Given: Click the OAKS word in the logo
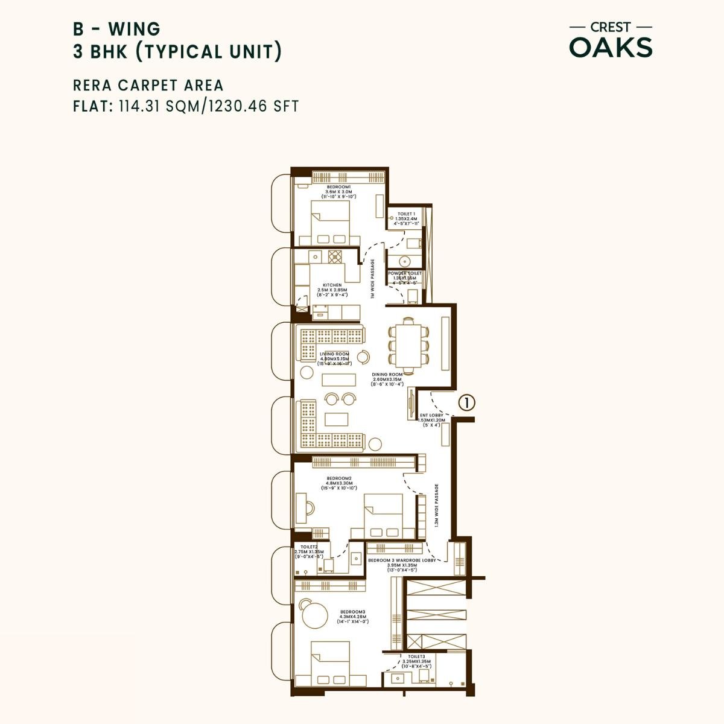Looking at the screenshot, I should (611, 48).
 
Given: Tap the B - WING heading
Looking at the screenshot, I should (116, 28).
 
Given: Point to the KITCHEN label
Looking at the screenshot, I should (332, 285).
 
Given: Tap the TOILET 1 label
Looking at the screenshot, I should (406, 214).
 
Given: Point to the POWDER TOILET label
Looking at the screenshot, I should (405, 273).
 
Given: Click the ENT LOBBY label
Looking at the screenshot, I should (431, 415).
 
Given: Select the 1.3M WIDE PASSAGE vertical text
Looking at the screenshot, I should (436, 506).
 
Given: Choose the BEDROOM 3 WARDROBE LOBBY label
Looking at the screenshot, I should (401, 560).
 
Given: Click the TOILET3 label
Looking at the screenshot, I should (416, 656).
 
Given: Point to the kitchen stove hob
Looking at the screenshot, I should (335, 256).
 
